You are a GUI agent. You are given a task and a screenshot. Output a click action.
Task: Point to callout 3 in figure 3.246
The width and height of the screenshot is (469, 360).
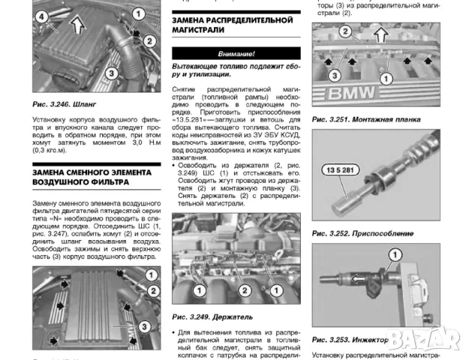111,73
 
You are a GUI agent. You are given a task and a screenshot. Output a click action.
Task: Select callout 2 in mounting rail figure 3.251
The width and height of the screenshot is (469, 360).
344,31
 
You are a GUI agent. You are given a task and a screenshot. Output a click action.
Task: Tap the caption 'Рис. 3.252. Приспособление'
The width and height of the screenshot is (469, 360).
361,233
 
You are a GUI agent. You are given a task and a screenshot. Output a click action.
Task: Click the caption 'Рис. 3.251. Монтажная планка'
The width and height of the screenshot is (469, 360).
365,119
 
